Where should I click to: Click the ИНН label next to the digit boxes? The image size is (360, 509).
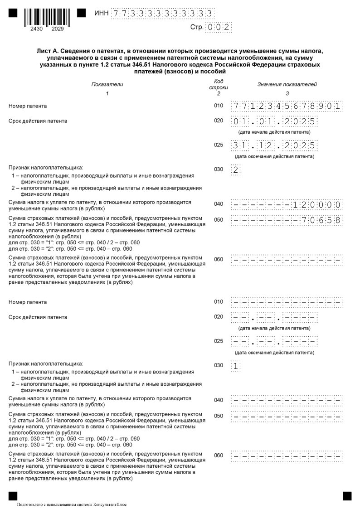[x=101, y=13]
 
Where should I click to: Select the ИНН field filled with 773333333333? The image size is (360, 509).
[x=163, y=14]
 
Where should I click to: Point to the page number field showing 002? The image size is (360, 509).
[x=218, y=28]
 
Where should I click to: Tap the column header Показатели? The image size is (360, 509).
[x=107, y=84]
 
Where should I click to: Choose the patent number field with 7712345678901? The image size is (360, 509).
[x=287, y=107]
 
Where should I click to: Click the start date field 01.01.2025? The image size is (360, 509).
[x=274, y=122]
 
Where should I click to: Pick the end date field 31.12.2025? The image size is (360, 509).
[x=274, y=146]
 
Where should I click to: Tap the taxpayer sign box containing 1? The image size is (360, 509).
[x=235, y=366]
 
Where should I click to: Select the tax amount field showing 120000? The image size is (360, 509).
[x=287, y=204]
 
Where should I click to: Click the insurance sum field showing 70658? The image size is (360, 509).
[x=287, y=221]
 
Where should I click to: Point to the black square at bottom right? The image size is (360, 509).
[x=347, y=496]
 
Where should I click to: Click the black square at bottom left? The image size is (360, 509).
[x=13, y=496]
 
